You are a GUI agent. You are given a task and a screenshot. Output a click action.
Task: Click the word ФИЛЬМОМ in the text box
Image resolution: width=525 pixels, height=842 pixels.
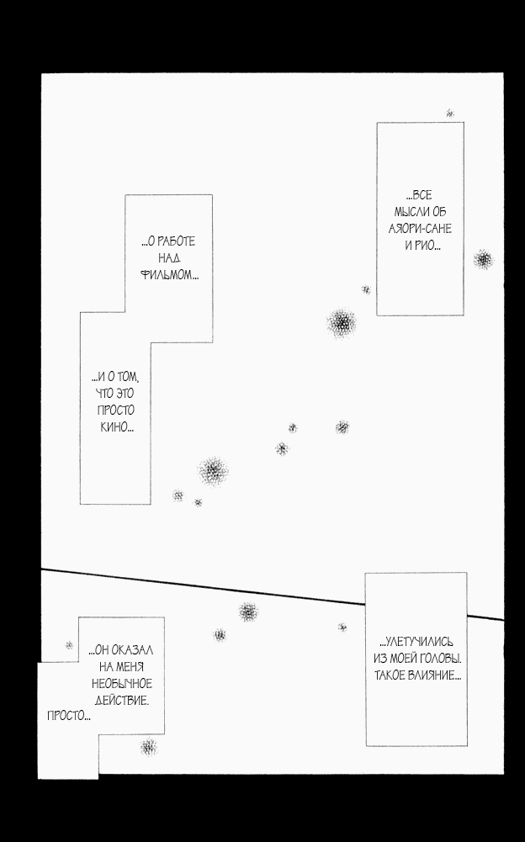click(x=167, y=275)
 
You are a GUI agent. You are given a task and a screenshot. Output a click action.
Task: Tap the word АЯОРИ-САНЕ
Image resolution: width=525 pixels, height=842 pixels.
click(x=420, y=229)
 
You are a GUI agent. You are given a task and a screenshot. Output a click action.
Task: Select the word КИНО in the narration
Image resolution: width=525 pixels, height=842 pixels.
click(x=114, y=427)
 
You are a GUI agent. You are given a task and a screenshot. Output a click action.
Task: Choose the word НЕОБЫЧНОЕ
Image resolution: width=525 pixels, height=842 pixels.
click(x=122, y=684)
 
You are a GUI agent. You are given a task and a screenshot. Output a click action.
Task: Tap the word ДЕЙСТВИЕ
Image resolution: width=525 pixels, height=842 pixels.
click(x=121, y=700)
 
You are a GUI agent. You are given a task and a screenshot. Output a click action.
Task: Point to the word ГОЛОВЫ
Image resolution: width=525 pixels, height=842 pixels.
click(x=442, y=659)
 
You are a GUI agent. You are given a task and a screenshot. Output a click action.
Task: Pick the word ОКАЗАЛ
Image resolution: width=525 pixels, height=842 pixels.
click(x=132, y=650)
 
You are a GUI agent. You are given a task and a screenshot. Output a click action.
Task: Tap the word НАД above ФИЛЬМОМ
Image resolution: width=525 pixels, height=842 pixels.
click(x=169, y=258)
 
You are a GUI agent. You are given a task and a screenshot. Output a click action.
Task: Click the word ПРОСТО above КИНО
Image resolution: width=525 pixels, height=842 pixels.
click(x=115, y=410)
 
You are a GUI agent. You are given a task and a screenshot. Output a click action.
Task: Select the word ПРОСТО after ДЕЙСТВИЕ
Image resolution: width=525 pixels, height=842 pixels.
click(x=66, y=716)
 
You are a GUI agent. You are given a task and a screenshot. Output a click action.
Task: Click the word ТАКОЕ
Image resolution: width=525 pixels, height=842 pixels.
click(x=389, y=675)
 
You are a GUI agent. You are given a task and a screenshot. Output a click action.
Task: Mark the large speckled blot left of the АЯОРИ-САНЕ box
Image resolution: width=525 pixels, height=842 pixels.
click(x=342, y=323)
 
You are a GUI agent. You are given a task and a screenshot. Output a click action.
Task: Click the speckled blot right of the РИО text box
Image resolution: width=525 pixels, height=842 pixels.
click(x=484, y=259)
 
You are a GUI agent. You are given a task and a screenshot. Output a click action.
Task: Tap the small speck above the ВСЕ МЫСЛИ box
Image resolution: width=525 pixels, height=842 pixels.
click(x=450, y=114)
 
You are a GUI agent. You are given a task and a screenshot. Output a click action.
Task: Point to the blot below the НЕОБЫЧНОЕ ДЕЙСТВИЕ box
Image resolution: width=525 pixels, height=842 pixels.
click(x=148, y=747)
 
